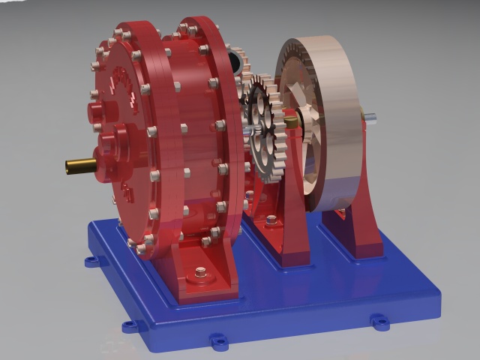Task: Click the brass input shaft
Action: (76, 164)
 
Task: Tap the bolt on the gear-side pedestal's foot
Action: (271, 220)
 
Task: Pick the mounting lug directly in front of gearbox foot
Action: (218, 342)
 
